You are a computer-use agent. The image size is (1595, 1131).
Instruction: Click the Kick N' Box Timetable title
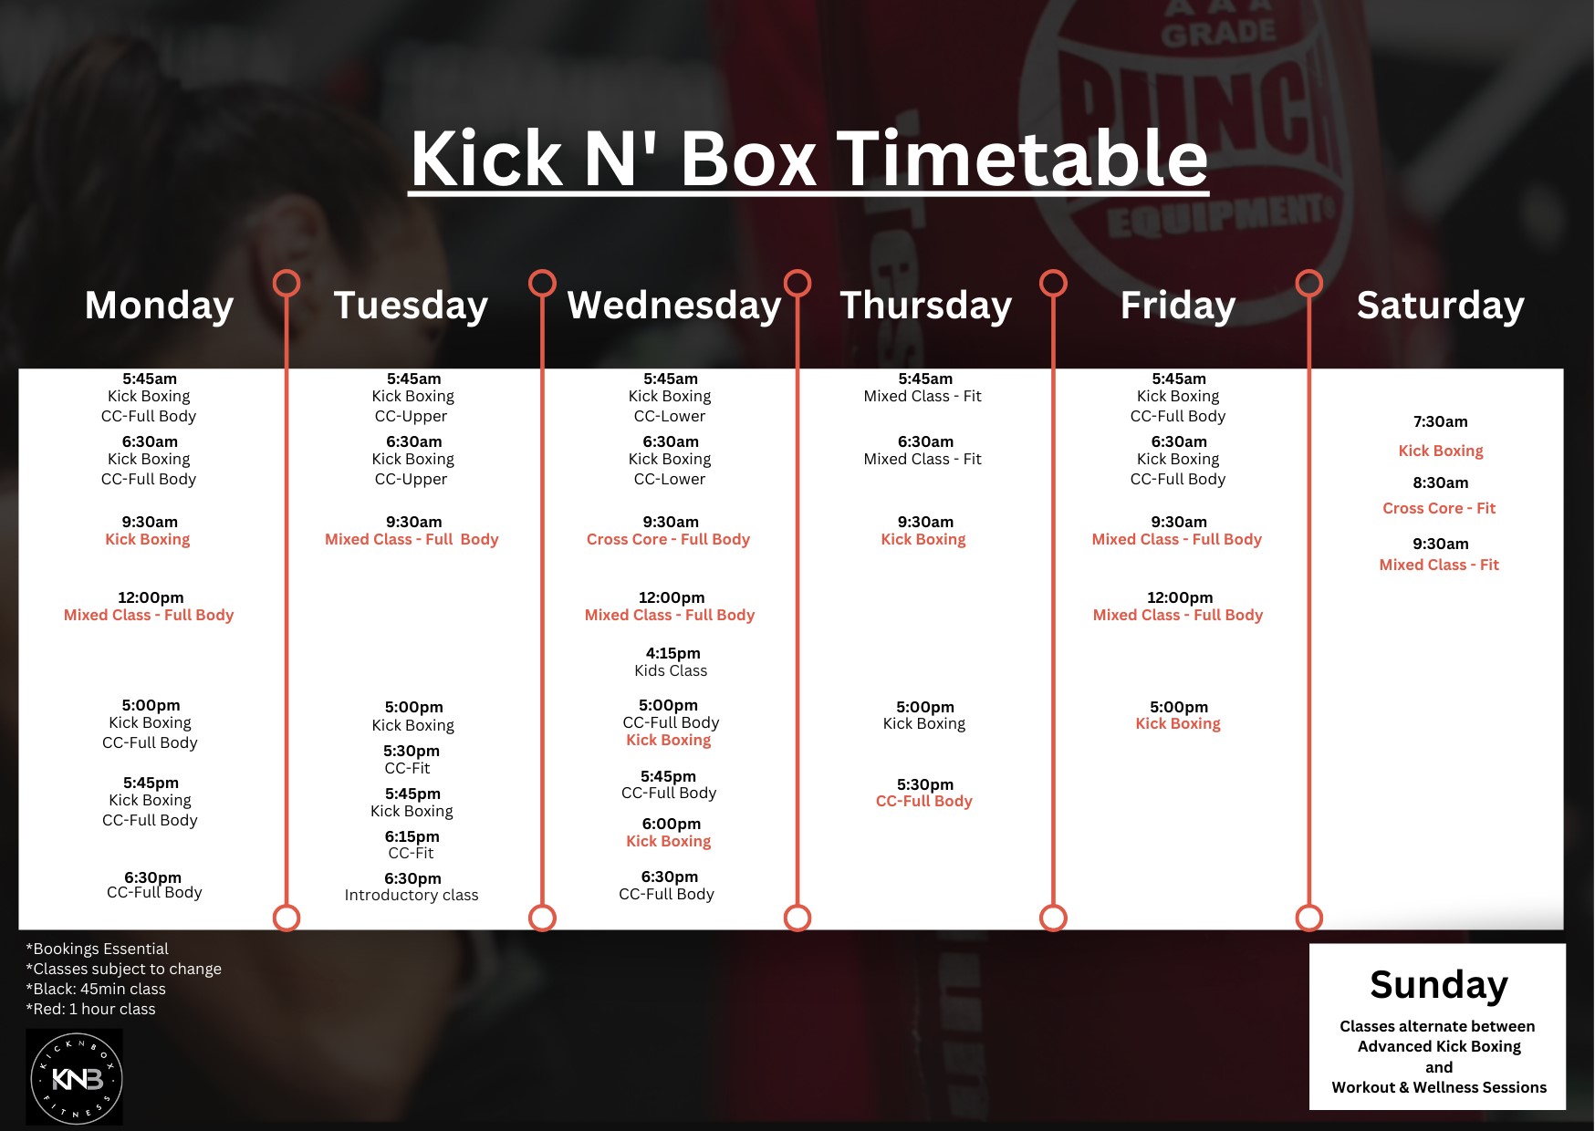click(x=809, y=158)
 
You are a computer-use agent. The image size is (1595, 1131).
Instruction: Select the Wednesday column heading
click(x=674, y=306)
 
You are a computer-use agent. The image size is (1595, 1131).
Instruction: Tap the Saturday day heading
click(x=1440, y=306)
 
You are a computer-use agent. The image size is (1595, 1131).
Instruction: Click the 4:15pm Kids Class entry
click(x=672, y=661)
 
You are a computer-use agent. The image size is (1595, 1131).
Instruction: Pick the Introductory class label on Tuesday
click(x=412, y=895)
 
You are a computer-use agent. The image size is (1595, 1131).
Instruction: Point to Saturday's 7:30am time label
click(x=1441, y=421)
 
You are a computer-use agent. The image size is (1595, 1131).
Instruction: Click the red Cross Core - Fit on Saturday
click(x=1439, y=508)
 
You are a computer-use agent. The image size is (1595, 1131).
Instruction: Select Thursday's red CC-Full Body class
click(x=924, y=801)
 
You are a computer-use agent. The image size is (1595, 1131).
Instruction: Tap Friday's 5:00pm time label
click(x=1179, y=707)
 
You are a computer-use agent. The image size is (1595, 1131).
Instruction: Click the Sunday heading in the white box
click(x=1439, y=985)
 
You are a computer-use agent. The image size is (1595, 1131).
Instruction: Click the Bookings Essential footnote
click(x=98, y=949)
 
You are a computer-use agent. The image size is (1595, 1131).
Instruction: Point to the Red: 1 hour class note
click(x=90, y=1009)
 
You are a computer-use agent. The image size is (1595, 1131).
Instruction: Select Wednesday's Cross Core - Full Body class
click(x=669, y=539)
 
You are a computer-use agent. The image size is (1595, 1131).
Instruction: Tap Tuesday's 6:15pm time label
click(x=412, y=836)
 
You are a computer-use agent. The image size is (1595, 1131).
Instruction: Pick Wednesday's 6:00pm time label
click(x=672, y=824)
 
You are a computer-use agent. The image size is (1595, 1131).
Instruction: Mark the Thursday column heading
click(x=926, y=306)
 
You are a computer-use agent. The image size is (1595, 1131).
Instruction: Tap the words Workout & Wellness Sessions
click(x=1439, y=1087)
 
